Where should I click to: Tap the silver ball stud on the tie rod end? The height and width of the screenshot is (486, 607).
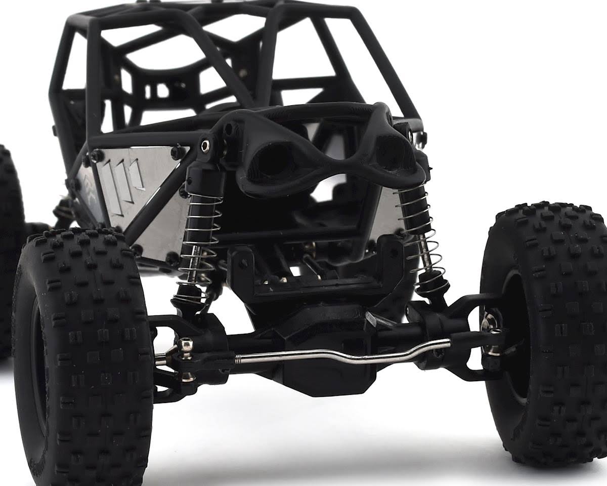pyautogui.click(x=186, y=345)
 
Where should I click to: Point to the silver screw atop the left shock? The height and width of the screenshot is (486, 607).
pyautogui.click(x=205, y=146)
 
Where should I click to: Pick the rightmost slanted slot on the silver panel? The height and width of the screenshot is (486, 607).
pyautogui.click(x=137, y=175)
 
